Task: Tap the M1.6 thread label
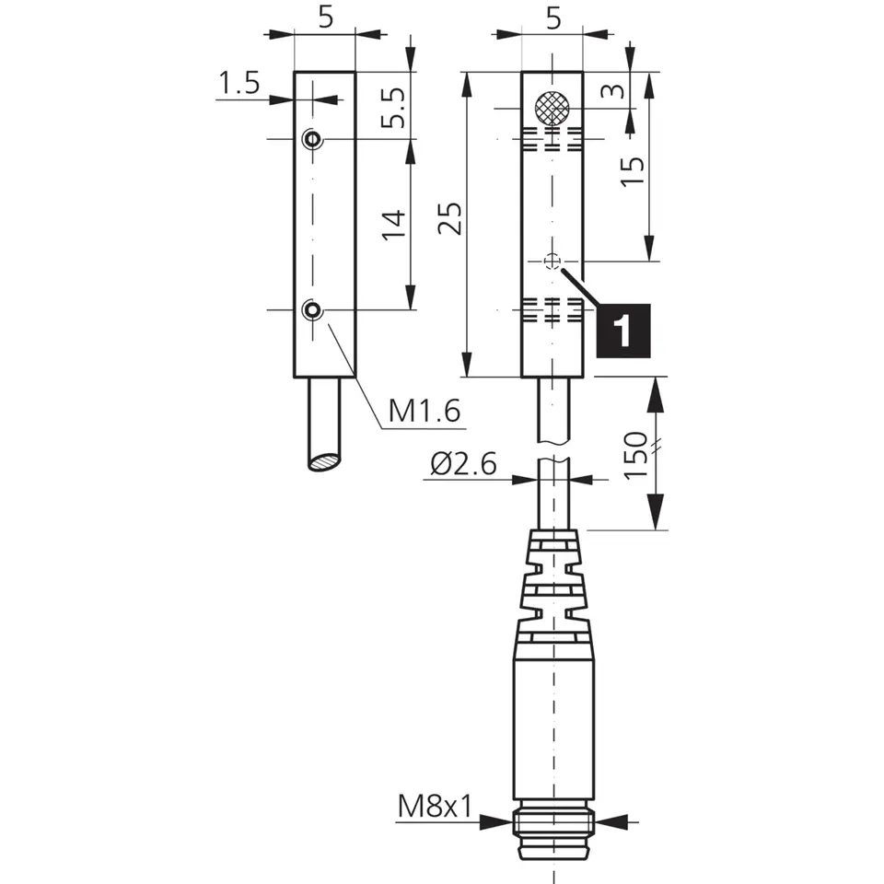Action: point(423,411)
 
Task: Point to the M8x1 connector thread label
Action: point(434,808)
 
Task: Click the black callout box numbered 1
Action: point(623,330)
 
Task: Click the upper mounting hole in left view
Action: point(313,140)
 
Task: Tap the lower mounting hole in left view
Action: point(313,309)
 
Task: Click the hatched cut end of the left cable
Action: point(323,462)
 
